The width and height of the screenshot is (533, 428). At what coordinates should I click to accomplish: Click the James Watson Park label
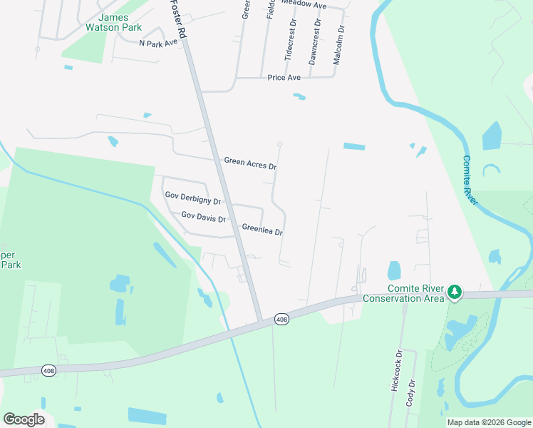[120, 23]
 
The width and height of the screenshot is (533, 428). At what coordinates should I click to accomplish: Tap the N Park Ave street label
[157, 44]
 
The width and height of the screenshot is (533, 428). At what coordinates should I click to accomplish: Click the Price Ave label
[284, 78]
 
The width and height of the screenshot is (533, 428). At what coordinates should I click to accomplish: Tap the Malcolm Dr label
[338, 46]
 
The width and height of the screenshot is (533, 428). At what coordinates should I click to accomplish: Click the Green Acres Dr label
[249, 163]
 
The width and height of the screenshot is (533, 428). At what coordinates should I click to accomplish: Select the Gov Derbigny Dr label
[192, 198]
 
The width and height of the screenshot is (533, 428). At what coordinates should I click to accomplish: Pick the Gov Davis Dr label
[203, 216]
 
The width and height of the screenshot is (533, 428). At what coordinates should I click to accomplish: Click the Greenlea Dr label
[262, 230]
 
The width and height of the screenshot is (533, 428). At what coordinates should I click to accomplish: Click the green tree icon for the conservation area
[454, 292]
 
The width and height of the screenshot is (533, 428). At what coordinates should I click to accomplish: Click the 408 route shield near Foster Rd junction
[281, 320]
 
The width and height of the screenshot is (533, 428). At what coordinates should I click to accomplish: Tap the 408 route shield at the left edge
[48, 370]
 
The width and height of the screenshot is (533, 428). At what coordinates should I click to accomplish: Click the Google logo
[24, 419]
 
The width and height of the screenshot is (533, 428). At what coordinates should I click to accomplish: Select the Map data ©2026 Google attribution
[489, 422]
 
